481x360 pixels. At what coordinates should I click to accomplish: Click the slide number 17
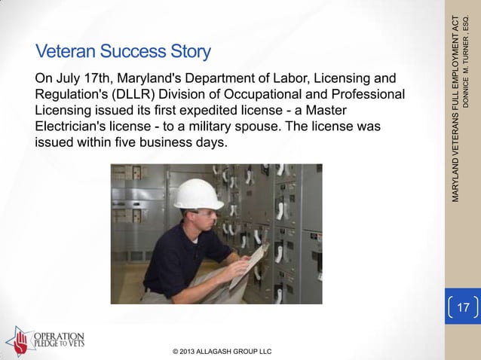coord(463,308)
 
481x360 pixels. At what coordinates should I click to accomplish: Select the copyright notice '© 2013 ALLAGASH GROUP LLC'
coord(222,351)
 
